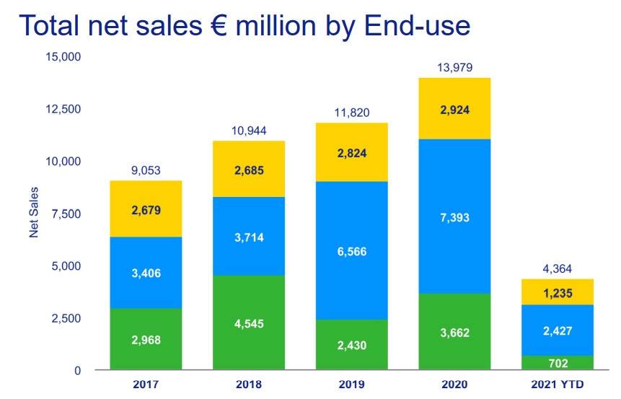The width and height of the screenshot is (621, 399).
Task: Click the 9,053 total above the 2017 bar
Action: coord(146,171)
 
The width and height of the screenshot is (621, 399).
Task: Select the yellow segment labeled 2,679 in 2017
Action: coord(146,210)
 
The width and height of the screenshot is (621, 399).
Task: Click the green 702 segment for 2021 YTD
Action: coord(557,363)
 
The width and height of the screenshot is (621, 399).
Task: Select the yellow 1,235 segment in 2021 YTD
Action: coord(557,292)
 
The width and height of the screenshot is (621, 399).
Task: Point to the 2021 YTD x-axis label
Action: coord(557,383)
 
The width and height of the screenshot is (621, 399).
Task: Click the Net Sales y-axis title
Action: coord(33,212)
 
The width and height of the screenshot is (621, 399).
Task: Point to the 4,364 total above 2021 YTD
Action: coord(557,269)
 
